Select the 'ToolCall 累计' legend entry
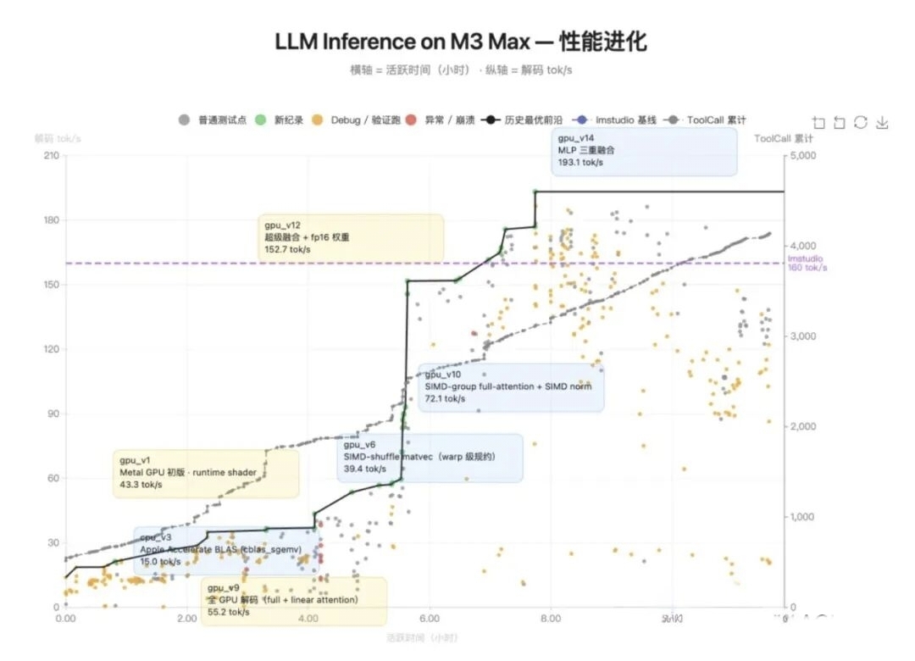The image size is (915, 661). pyautogui.click(x=707, y=120)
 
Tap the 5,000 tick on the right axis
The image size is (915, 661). pyautogui.click(x=801, y=156)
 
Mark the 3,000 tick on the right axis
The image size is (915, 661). pyautogui.click(x=801, y=336)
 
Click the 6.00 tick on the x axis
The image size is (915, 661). pyautogui.click(x=429, y=619)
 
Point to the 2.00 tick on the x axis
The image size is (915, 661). pyautogui.click(x=187, y=619)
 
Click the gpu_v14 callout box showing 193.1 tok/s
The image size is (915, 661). pyautogui.click(x=644, y=151)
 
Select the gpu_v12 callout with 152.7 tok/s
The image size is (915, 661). pyautogui.click(x=351, y=238)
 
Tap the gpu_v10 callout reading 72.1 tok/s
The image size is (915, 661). pyautogui.click(x=511, y=387)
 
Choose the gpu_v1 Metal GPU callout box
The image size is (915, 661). pyautogui.click(x=206, y=473)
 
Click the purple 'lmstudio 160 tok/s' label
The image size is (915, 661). pyautogui.click(x=807, y=264)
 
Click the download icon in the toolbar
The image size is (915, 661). pyautogui.click(x=882, y=123)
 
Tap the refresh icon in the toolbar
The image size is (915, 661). pyautogui.click(x=861, y=123)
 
